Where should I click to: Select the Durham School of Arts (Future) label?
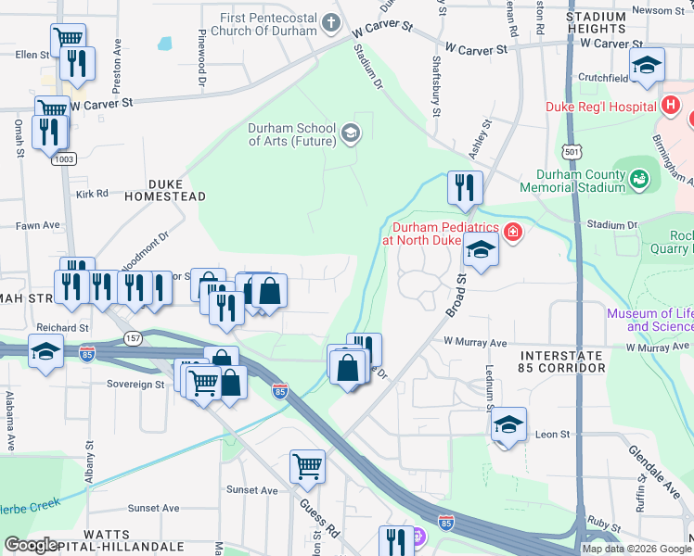(291, 135)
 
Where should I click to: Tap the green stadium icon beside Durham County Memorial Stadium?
(638, 177)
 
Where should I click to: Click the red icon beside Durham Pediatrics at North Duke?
(512, 231)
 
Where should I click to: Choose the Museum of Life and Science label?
(649, 320)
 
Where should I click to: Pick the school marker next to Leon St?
(508, 424)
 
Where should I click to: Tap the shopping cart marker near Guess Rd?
(308, 466)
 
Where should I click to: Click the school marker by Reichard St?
(45, 351)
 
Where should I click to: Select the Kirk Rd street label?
(93, 194)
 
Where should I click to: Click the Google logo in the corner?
(31, 545)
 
